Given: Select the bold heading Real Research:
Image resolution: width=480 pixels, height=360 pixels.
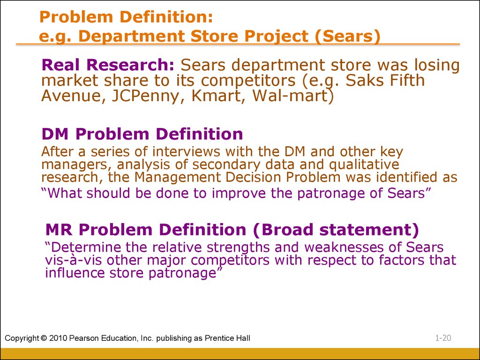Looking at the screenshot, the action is click(108, 65).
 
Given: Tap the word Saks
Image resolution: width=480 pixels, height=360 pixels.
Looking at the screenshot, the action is click(363, 80).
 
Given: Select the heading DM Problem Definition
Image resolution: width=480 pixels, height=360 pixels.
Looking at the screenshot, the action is click(142, 134).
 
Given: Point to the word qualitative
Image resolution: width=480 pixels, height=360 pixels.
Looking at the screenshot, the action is click(364, 165).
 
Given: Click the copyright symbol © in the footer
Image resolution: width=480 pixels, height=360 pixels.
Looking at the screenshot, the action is click(44, 338).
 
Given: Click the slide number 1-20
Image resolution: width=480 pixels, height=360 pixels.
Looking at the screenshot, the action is click(443, 338).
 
